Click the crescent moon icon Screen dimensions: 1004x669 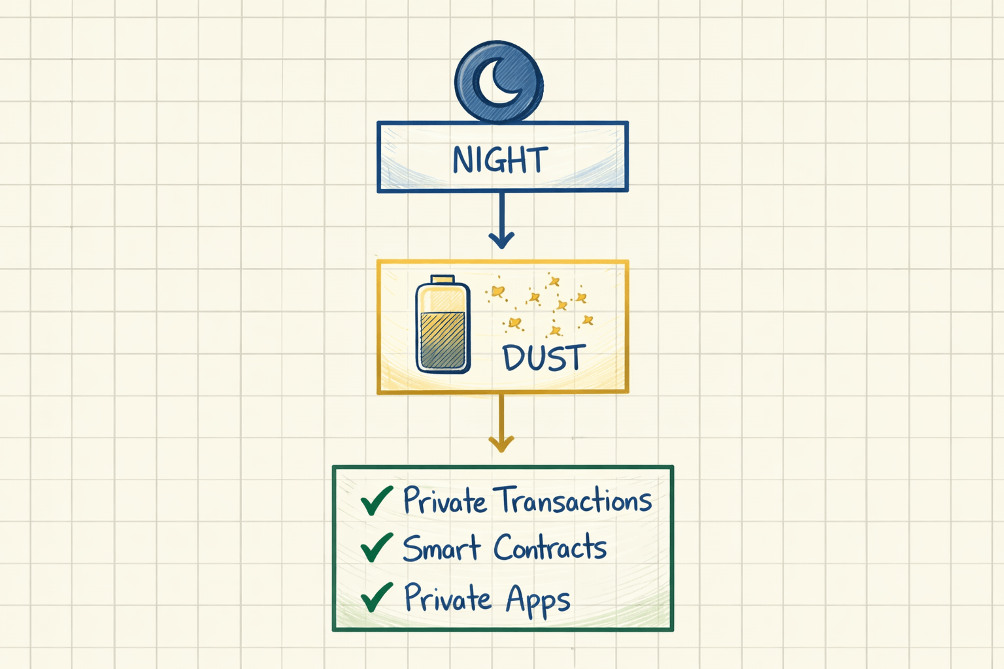(498, 82)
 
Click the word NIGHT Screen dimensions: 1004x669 (500, 159)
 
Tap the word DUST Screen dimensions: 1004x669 (544, 358)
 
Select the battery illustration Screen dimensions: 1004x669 (443, 325)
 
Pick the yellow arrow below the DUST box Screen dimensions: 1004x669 (501, 421)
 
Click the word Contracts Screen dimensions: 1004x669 (550, 547)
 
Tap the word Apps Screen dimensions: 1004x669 (538, 600)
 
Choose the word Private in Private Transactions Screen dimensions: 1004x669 (444, 500)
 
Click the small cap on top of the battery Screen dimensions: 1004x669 (443, 279)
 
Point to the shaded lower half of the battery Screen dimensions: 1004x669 (443, 341)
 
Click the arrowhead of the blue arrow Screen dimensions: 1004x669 (501, 240)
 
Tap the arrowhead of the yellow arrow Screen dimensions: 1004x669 (501, 444)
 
